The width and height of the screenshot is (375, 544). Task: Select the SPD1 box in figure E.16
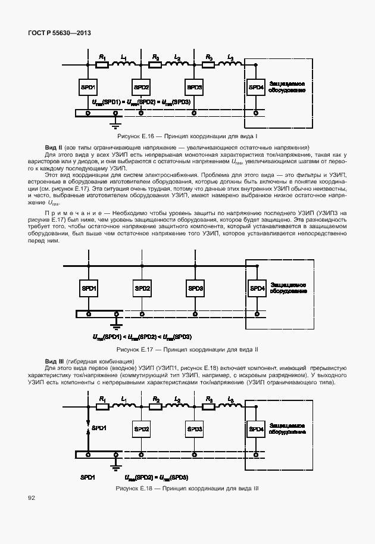tap(88, 87)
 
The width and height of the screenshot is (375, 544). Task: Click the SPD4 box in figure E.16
tap(256, 88)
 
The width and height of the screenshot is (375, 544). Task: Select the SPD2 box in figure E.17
tap(142, 289)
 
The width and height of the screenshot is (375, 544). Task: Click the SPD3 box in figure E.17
tap(195, 289)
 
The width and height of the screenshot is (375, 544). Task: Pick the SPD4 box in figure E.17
tap(256, 289)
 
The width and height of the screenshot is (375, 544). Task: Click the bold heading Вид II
tap(54, 147)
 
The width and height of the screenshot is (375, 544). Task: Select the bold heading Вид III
tap(54, 362)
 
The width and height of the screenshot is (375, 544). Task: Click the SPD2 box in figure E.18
tap(142, 428)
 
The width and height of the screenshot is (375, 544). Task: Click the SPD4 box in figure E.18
tap(256, 429)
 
